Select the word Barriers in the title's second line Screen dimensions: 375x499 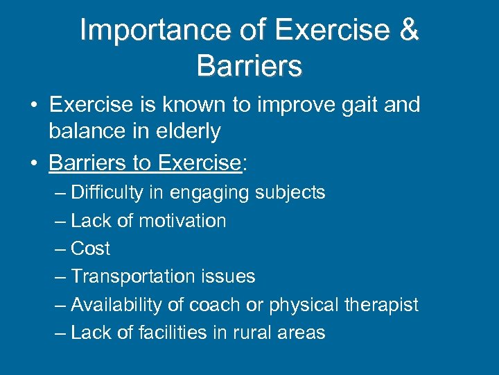249,66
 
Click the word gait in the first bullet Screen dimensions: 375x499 353,105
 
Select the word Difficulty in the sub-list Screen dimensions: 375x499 107,192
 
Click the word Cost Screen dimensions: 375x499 91,249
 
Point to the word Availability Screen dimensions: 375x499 114,305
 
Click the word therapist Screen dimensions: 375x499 385,305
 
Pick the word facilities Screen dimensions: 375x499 167,333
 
